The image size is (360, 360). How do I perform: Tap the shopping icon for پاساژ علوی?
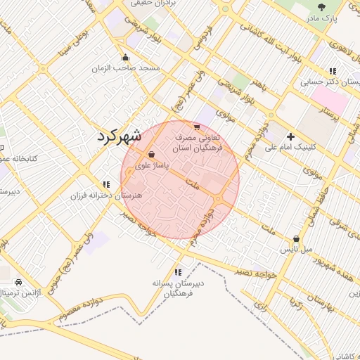point(151,155)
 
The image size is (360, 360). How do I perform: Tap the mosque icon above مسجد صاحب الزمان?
point(125,57)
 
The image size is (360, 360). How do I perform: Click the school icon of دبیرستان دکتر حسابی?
point(332,71)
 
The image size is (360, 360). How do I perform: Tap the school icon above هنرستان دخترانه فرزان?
point(105,184)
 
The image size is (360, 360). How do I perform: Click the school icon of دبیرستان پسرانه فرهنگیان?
point(178,271)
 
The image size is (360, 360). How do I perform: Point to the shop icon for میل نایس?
point(296,239)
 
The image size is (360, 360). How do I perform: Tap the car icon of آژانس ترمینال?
point(18,282)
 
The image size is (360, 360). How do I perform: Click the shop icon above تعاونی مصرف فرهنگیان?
point(196,128)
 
